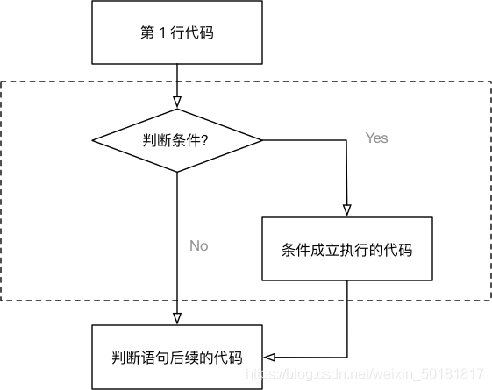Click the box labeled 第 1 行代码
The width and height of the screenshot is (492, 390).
177,33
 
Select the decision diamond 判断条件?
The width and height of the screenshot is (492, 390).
177,139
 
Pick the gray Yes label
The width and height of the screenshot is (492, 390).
376,138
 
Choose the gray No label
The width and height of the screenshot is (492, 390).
199,245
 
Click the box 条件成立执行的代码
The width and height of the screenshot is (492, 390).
346,250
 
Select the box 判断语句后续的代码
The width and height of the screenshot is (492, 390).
177,357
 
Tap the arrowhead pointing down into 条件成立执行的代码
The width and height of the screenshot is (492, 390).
346,211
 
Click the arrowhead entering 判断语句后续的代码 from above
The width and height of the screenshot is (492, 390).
177,318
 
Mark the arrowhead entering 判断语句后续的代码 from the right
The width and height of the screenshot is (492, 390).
269,357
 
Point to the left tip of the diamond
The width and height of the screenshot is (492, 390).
92,139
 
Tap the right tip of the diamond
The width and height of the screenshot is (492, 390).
262,139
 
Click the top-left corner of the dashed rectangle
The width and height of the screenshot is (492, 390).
2,82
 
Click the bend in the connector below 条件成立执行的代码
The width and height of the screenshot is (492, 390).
346,357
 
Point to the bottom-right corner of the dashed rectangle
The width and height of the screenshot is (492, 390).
489,301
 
